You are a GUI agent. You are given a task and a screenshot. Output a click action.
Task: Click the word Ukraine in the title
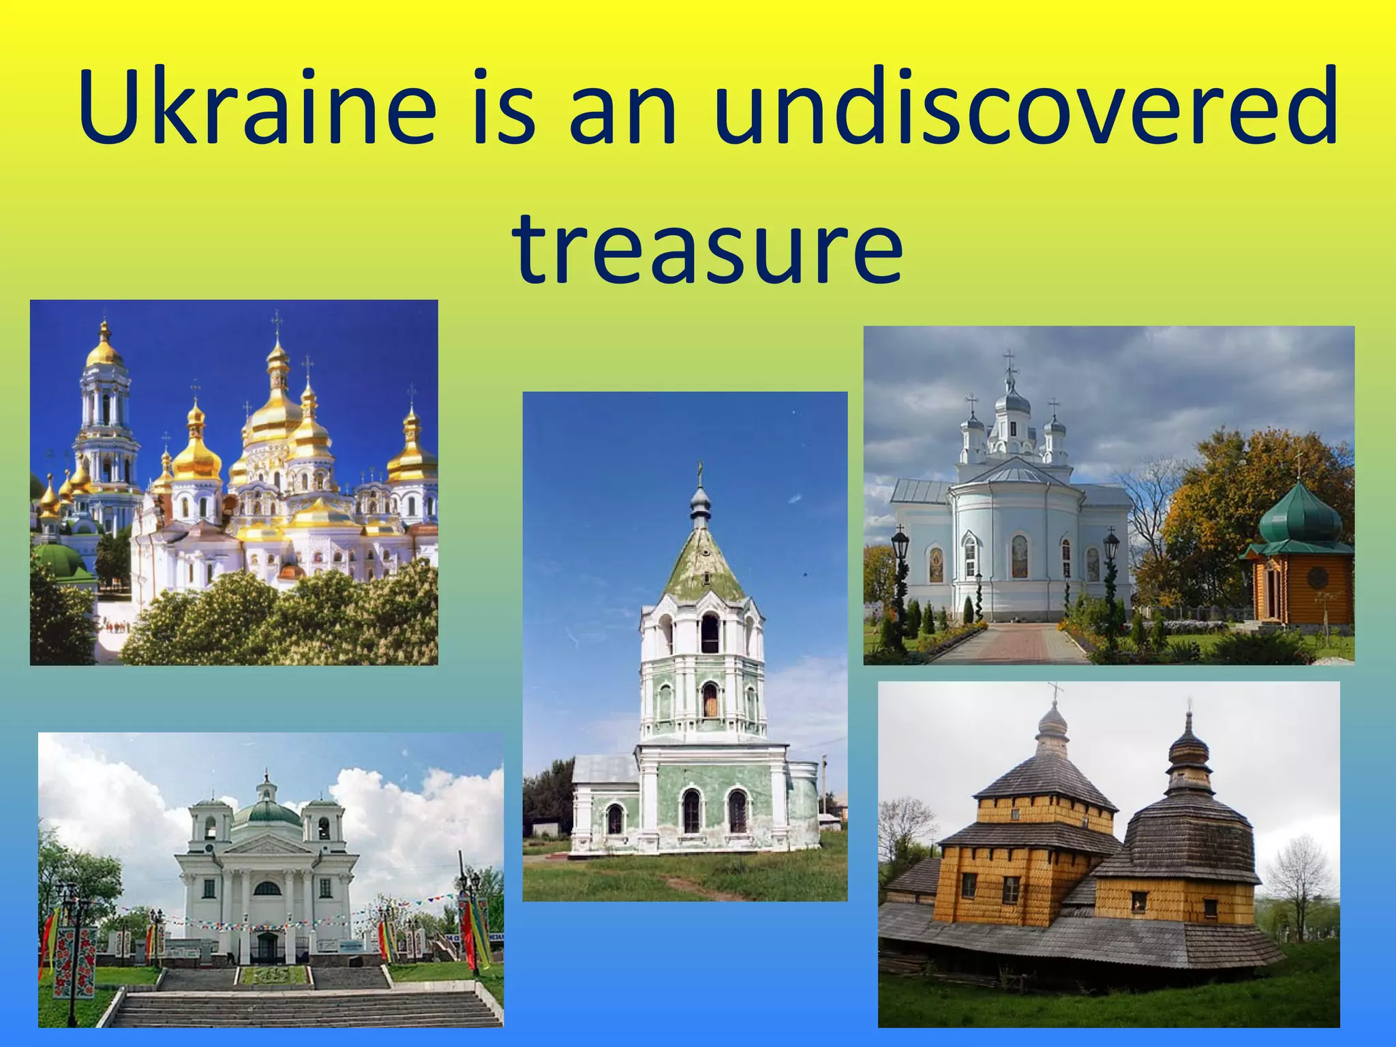[256, 108]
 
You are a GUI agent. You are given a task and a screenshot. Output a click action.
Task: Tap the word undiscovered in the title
[1026, 108]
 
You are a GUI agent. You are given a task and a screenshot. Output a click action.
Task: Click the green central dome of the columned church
[267, 813]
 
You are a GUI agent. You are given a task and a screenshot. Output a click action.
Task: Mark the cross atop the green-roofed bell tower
[700, 470]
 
